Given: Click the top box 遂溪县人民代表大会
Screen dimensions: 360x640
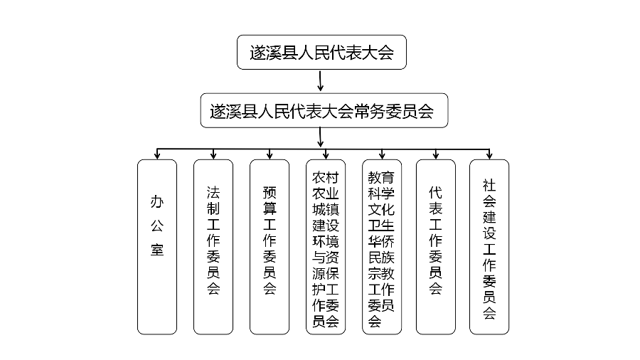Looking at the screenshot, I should (321, 53).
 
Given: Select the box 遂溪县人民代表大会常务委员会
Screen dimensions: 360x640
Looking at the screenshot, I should (324, 110).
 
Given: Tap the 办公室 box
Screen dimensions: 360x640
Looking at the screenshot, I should (157, 246).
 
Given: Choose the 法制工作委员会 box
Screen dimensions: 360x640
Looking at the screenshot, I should (213, 246).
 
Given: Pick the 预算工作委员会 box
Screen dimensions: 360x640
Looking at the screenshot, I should (270, 246).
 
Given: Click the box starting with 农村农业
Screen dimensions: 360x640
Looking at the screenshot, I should (326, 246).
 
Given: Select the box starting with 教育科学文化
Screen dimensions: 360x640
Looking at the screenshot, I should (382, 246).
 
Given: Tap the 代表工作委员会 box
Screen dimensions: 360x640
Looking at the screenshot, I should (436, 246).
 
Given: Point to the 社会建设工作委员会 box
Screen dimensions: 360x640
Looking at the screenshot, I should (489, 246).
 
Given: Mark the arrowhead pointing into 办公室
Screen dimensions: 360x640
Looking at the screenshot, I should (157, 155).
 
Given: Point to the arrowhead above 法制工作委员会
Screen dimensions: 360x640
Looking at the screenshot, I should (213, 155).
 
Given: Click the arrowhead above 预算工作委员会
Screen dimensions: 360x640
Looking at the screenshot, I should (270, 155).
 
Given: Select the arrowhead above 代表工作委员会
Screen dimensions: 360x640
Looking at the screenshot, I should (436, 155).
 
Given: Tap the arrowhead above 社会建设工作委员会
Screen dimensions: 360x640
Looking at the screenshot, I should (489, 155).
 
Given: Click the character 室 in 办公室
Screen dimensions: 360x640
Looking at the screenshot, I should (157, 250).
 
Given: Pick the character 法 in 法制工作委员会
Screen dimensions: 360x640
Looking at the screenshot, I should (213, 192).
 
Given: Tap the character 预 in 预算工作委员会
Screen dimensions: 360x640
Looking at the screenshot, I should (270, 192).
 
